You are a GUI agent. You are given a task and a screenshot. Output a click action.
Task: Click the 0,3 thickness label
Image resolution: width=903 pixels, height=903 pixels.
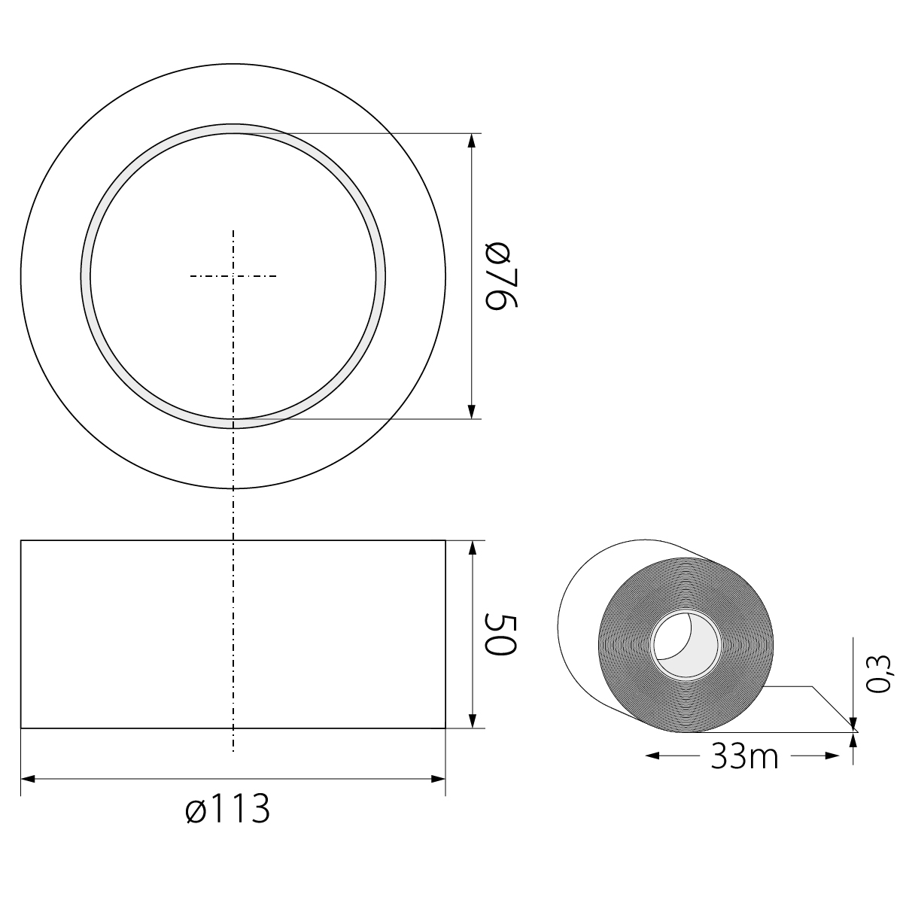point(877,673)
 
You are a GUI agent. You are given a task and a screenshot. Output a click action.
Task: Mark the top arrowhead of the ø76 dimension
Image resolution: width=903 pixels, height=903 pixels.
point(472,141)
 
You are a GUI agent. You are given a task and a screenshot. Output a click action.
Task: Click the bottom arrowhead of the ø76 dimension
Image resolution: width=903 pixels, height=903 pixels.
point(472,412)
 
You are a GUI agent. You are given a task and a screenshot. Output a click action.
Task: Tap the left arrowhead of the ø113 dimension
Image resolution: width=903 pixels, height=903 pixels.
point(28,779)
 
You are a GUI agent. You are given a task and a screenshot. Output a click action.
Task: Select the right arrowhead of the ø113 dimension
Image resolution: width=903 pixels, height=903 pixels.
point(438,779)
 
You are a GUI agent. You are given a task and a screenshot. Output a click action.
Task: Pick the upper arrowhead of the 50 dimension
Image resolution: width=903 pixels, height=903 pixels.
point(473,548)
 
